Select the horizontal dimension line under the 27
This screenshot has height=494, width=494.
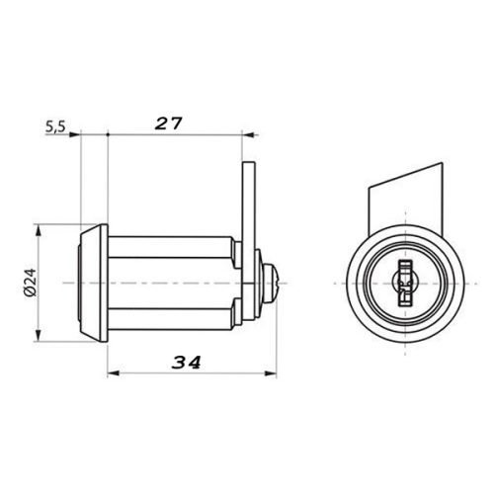pos(178,133)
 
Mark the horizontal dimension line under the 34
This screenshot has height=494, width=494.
pos(188,373)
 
